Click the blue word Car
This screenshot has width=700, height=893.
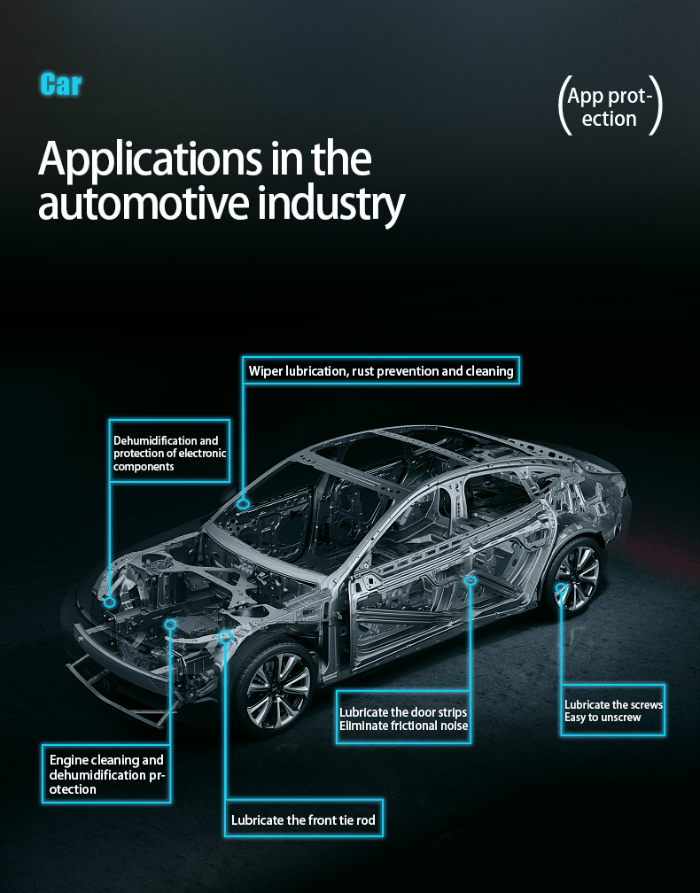[61, 85]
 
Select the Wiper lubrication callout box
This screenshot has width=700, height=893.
[381, 371]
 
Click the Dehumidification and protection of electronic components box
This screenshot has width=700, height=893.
[169, 453]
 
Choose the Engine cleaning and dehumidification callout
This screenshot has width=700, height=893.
[106, 773]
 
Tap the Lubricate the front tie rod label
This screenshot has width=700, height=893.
[303, 820]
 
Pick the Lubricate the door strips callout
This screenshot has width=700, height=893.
[403, 719]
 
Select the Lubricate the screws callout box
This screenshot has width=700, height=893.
[613, 711]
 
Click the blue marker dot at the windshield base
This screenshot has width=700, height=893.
[243, 503]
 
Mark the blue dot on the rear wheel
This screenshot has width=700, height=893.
[561, 587]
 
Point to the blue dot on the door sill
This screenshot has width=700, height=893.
[471, 580]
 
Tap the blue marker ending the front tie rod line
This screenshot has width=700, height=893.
[225, 635]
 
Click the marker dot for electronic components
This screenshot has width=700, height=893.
[110, 602]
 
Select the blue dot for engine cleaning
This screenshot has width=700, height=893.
[170, 625]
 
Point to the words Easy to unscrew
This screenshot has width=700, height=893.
[603, 717]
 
